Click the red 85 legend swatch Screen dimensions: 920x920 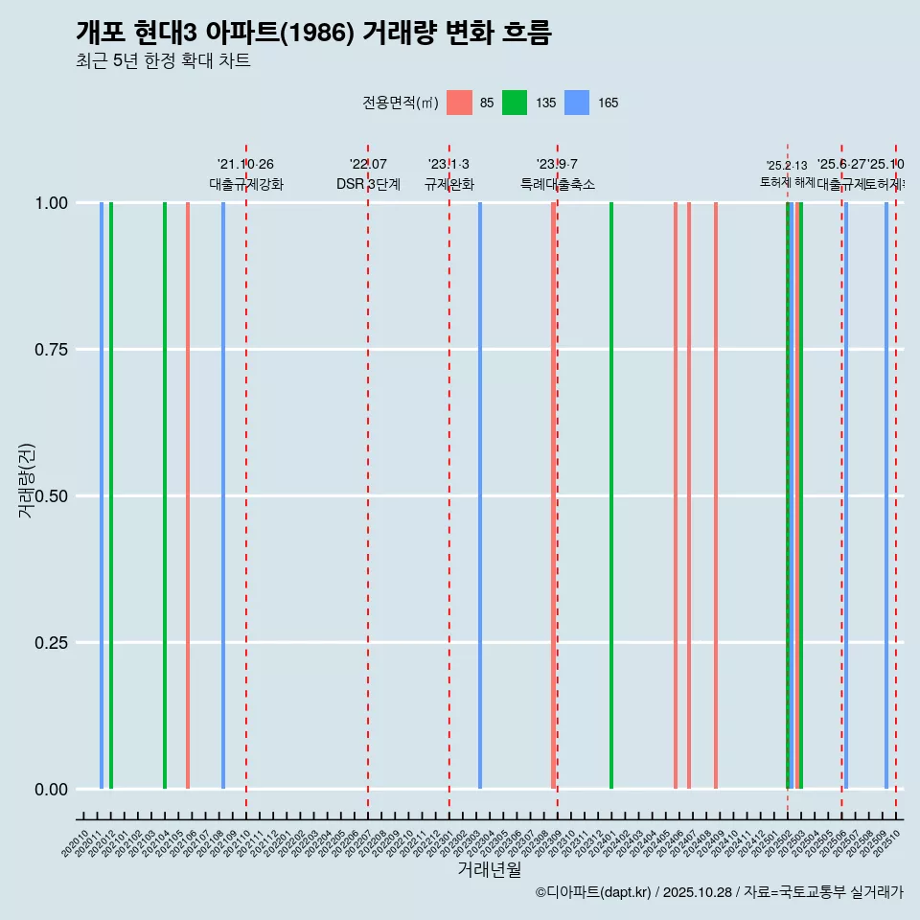click(460, 103)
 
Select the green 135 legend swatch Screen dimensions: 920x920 click(515, 103)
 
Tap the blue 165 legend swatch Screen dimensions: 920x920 click(577, 103)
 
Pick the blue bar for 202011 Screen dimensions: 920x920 click(102, 495)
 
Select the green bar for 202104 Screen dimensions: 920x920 click(165, 495)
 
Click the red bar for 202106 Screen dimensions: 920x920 click(188, 495)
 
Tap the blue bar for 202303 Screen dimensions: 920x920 click(480, 495)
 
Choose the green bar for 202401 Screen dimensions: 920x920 click(611, 495)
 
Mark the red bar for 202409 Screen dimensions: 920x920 click(716, 495)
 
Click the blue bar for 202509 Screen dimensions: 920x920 click(886, 495)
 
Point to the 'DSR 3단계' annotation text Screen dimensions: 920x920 click(368, 184)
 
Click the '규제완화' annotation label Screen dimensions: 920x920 click(449, 184)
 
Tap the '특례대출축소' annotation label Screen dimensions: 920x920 click(558, 184)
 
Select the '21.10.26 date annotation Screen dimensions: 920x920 click(246, 164)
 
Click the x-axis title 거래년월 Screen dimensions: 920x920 click(489, 869)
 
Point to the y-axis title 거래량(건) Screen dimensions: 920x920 click(26, 481)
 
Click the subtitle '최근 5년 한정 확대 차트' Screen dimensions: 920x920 click(163, 61)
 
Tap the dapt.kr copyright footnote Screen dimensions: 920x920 click(719, 893)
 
